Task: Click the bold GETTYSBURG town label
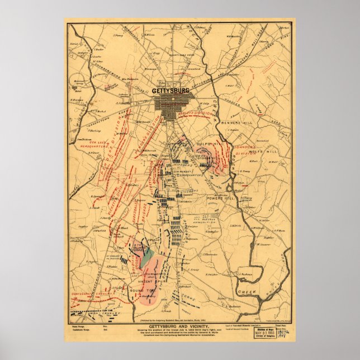tap(170, 90)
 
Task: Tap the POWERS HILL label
tap(222, 197)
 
